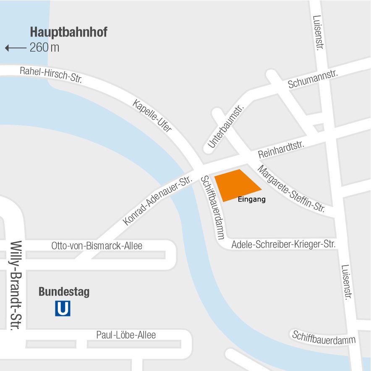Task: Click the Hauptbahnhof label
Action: [x=68, y=32]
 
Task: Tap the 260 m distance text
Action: [x=44, y=47]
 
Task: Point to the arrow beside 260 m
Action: [x=16, y=48]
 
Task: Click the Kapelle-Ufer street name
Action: [x=152, y=116]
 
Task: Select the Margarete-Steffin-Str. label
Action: [x=291, y=188]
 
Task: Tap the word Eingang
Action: [x=251, y=199]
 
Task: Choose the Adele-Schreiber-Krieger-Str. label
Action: [x=284, y=244]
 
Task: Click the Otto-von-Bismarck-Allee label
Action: [x=97, y=246]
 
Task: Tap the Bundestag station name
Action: [x=64, y=292]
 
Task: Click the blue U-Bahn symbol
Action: [x=63, y=309]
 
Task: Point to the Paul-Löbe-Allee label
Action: [x=126, y=335]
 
